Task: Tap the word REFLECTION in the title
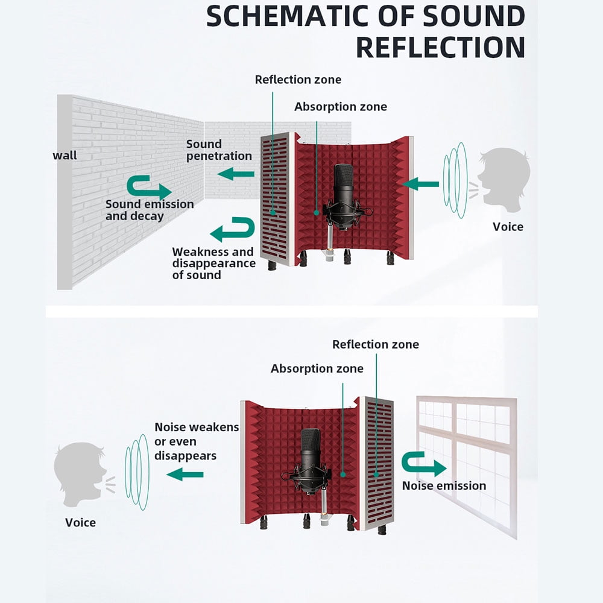point(440,47)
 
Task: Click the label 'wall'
point(65,156)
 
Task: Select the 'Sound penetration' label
point(218,150)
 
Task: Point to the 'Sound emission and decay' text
point(150,210)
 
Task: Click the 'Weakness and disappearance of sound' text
point(212,264)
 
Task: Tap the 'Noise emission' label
point(444,485)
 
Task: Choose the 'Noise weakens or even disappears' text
point(197,441)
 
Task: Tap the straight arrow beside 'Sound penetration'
point(236,174)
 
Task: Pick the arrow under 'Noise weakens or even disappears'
point(185,475)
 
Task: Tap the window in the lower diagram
point(467,461)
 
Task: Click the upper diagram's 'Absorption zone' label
point(341,107)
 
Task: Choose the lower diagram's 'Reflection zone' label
point(375,344)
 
